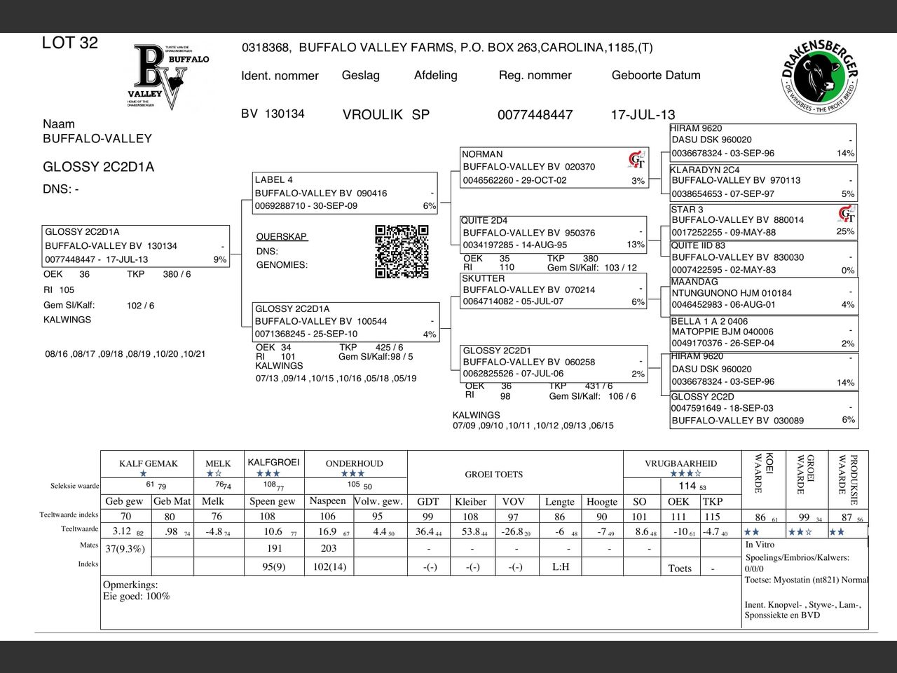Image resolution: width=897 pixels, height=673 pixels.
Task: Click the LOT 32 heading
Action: (70, 43)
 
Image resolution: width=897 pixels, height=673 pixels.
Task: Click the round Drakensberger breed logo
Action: (819, 77)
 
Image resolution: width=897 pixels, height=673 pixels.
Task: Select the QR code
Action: (402, 252)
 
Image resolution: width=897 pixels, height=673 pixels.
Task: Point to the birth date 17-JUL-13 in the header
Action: (643, 115)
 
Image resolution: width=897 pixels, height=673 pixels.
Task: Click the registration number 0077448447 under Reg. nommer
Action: (535, 115)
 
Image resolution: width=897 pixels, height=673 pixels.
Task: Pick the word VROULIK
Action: (372, 115)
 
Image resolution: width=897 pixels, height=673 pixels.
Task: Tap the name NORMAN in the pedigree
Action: (482, 154)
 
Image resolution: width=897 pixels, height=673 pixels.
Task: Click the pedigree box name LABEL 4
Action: (274, 179)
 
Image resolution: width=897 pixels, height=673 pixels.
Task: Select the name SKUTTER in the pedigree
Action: (483, 278)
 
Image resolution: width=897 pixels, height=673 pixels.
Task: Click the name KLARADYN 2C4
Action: (704, 170)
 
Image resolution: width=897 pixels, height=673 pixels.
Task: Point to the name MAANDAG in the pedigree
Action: (694, 282)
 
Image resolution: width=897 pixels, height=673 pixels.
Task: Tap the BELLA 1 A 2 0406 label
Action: (709, 321)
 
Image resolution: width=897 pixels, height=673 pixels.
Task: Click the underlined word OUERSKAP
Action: (282, 237)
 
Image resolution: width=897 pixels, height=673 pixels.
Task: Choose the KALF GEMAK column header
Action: (149, 463)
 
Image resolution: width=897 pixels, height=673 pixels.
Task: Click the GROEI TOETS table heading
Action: (494, 475)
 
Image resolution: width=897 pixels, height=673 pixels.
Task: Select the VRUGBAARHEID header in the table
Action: (680, 463)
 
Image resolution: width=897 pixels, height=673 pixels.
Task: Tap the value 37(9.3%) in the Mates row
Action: (125, 549)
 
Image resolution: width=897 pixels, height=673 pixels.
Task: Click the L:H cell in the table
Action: (561, 566)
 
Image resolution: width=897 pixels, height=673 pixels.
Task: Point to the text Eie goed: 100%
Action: (137, 597)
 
